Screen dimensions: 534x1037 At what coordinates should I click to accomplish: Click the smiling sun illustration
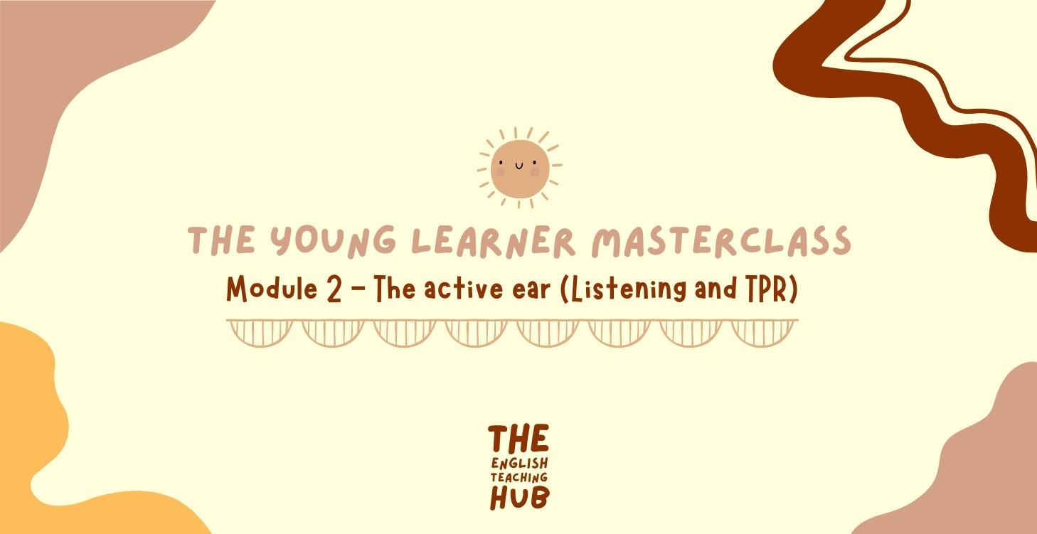point(518,169)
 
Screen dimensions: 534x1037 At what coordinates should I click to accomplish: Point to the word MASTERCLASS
point(721,241)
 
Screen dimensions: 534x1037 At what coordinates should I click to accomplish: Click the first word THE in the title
point(220,241)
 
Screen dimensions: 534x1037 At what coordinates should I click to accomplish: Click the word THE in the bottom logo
point(518,439)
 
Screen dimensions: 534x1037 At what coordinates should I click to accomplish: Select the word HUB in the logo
point(518,498)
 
